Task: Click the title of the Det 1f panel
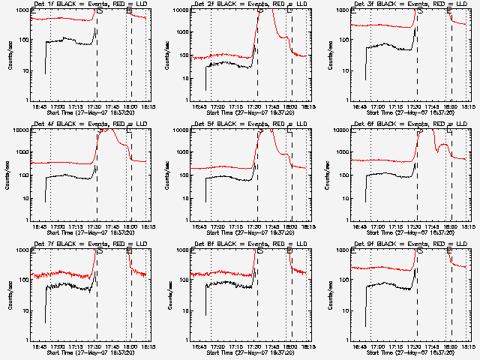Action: point(80,4)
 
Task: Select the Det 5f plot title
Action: point(241,124)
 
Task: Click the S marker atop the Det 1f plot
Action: point(99,11)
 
